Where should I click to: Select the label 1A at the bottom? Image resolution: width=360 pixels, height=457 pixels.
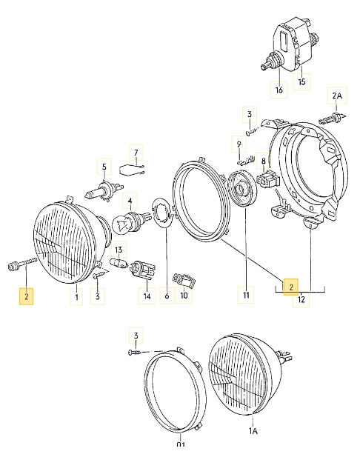(253, 430)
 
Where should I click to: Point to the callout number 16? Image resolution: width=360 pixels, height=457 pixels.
(279, 91)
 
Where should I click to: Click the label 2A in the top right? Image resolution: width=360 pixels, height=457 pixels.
(337, 96)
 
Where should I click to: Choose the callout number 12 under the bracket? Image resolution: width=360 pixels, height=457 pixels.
(301, 299)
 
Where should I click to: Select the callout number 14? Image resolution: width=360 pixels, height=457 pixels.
(147, 296)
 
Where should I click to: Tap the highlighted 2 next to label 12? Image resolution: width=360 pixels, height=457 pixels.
(291, 286)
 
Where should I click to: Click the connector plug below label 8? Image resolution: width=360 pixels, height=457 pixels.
(267, 180)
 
